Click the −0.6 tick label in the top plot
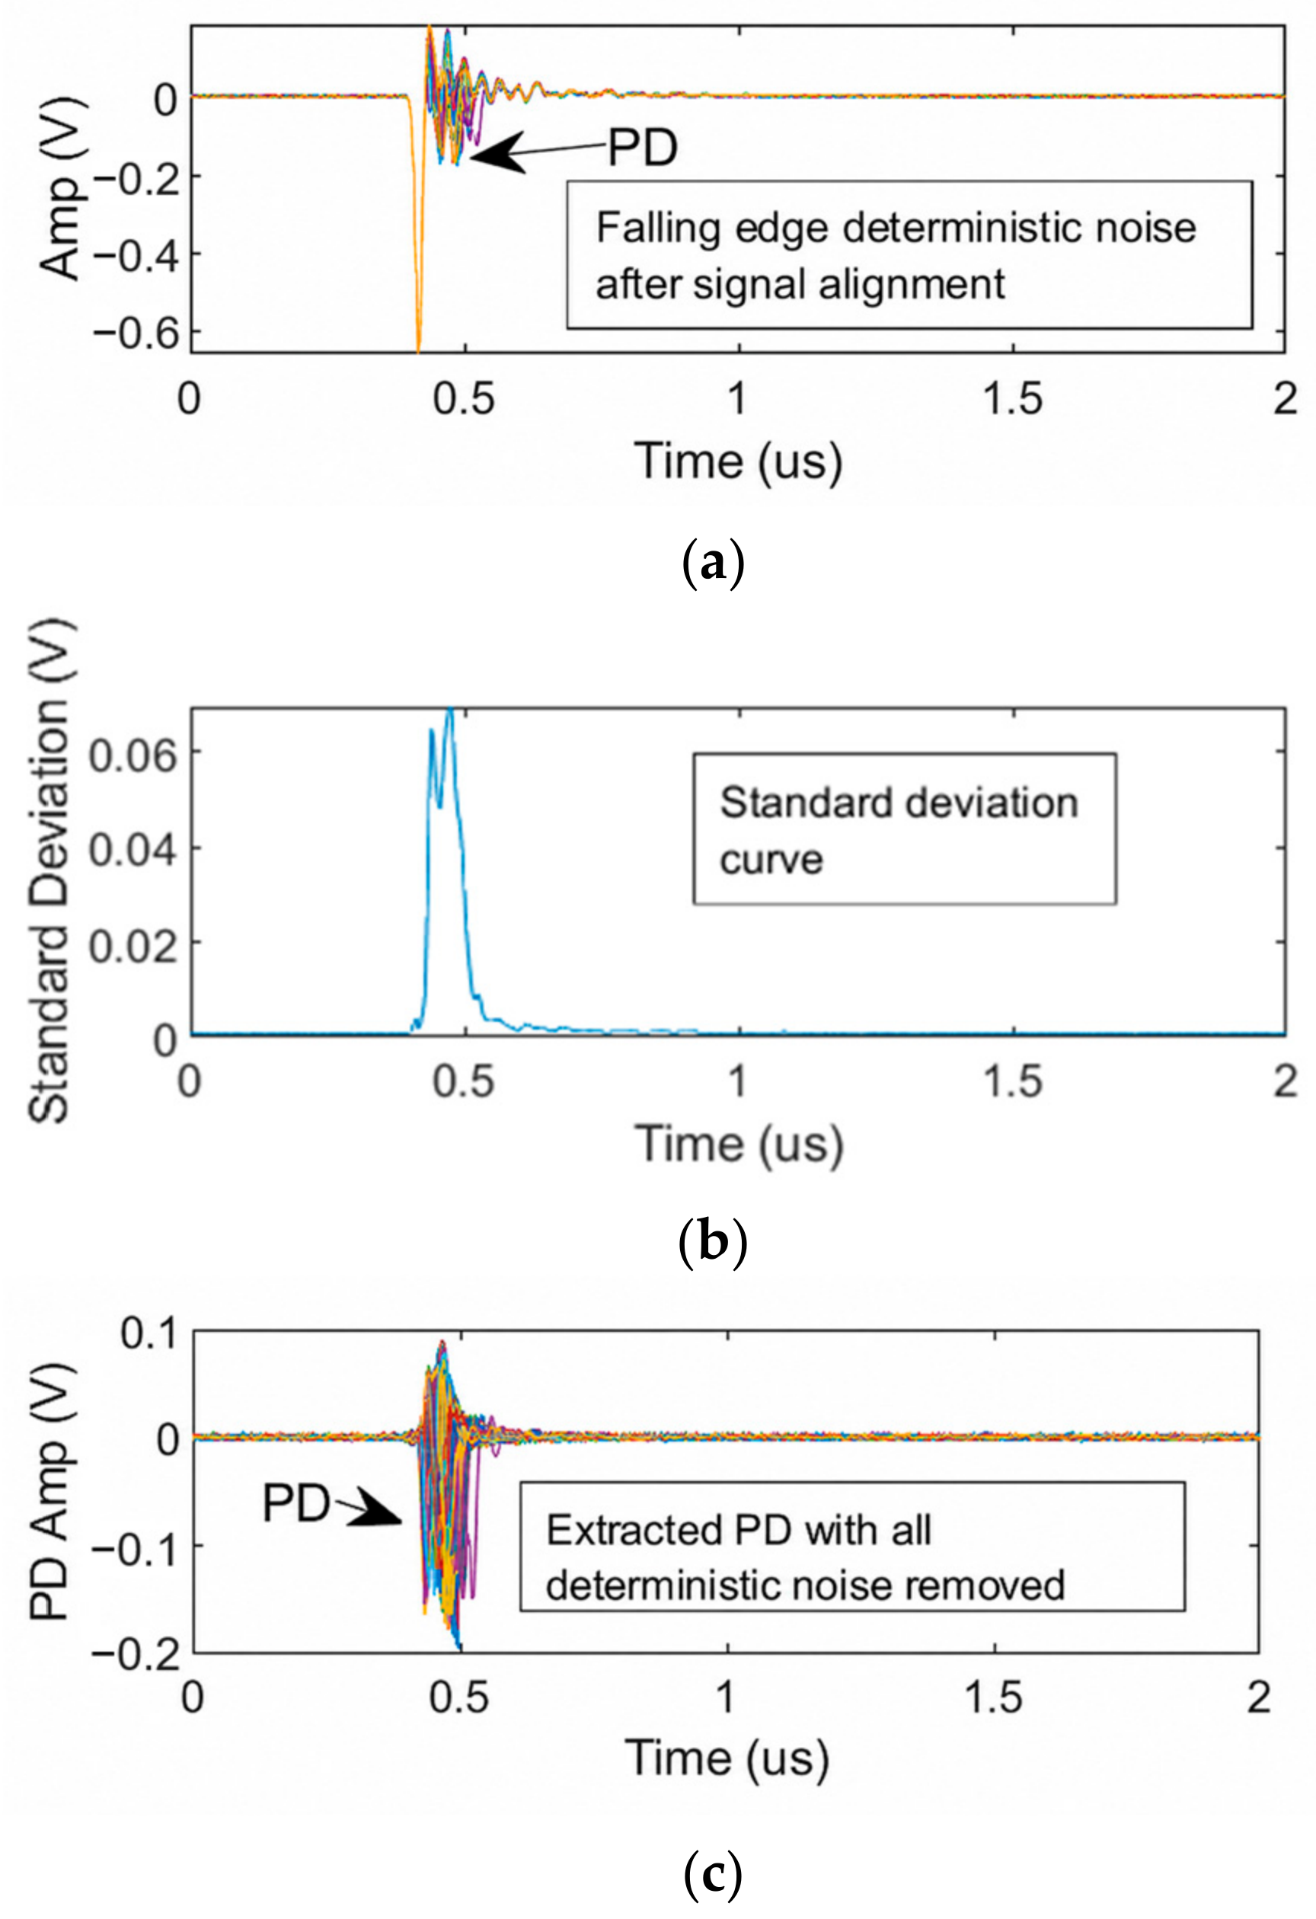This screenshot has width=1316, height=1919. pos(135,333)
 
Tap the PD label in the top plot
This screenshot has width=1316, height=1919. pos(643,148)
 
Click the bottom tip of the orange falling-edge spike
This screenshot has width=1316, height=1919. pos(419,352)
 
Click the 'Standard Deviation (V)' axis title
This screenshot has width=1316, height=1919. pos(50,871)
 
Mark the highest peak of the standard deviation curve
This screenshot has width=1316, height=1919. pos(450,708)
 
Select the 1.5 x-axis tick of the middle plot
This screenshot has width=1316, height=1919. pos(1012,1080)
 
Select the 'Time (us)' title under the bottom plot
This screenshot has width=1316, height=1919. pos(727,1756)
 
